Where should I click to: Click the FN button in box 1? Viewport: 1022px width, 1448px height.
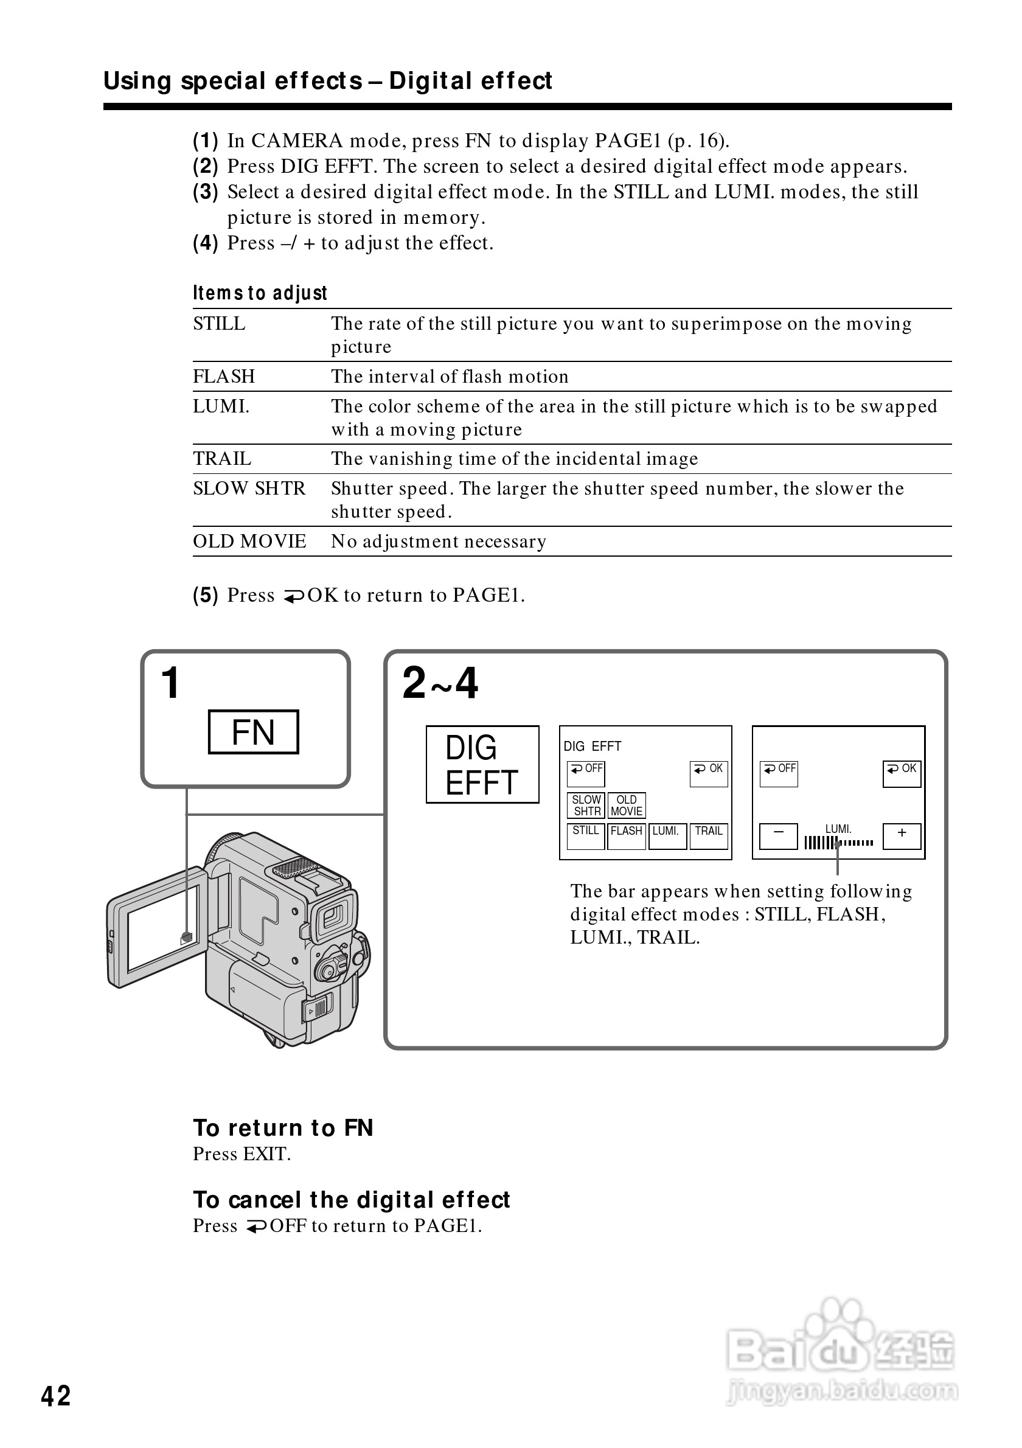pyautogui.click(x=253, y=732)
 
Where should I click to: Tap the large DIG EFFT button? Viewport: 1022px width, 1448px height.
pyautogui.click(x=482, y=764)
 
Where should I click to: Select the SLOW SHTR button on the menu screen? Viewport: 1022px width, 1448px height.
pyautogui.click(x=586, y=806)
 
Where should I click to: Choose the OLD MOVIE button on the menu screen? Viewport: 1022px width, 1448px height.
pyautogui.click(x=627, y=806)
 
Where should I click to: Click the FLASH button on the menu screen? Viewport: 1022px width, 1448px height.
pyautogui.click(x=626, y=835)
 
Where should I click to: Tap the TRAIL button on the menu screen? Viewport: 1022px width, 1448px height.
pyautogui.click(x=709, y=835)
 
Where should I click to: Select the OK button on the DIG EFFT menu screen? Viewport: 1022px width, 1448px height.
pyautogui.click(x=709, y=773)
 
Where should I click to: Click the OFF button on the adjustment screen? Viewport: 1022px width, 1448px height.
pyautogui.click(x=779, y=773)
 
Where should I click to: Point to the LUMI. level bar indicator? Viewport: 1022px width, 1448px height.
pyautogui.click(x=838, y=843)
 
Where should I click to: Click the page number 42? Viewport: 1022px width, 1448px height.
pyautogui.click(x=56, y=1396)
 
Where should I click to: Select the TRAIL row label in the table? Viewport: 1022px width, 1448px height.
pyautogui.click(x=222, y=459)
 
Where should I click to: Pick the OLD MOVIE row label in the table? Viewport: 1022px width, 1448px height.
pyautogui.click(x=249, y=541)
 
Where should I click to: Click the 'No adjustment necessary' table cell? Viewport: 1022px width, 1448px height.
pyautogui.click(x=439, y=541)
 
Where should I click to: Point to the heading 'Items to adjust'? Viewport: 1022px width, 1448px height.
pyautogui.click(x=260, y=293)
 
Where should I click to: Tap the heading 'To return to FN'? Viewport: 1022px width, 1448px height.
pyautogui.click(x=283, y=1127)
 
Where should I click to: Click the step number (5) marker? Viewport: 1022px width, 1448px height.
pyautogui.click(x=206, y=595)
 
